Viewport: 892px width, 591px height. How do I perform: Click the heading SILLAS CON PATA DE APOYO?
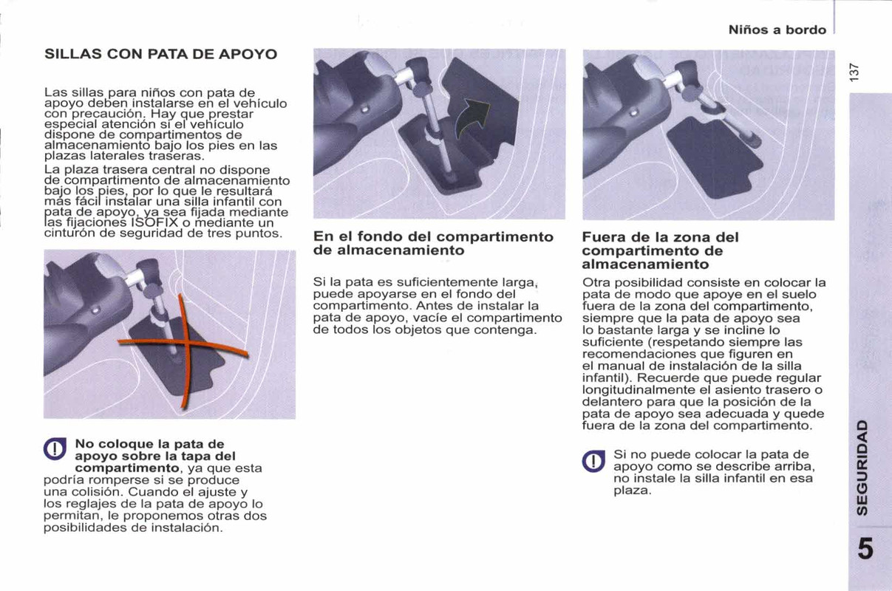tap(160, 55)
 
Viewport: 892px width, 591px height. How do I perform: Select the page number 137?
tap(855, 72)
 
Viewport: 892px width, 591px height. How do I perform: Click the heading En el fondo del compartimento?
tap(433, 244)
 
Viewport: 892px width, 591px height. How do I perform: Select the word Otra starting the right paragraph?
tap(596, 283)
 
